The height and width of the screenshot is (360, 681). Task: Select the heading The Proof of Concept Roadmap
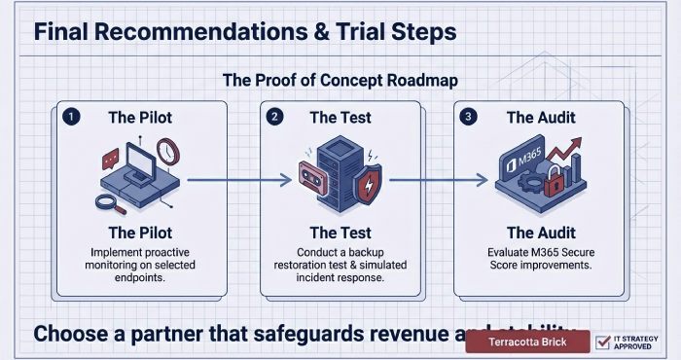(340, 82)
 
